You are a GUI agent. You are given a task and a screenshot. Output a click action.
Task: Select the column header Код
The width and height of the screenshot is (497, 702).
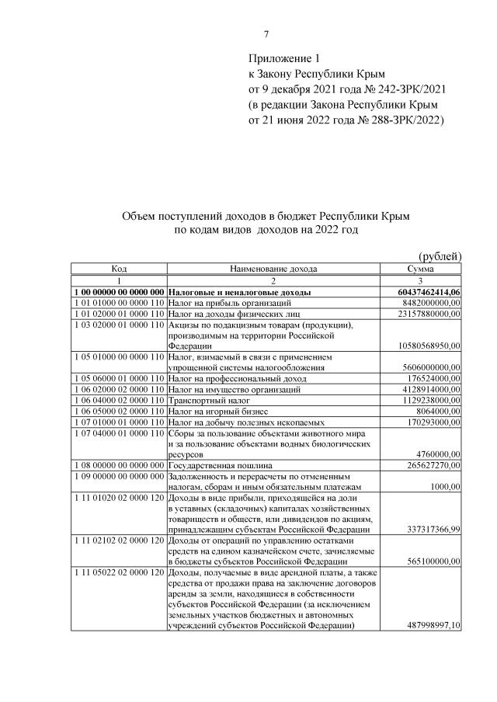coord(119,269)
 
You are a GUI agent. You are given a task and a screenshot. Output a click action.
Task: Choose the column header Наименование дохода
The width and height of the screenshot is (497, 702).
coord(273,269)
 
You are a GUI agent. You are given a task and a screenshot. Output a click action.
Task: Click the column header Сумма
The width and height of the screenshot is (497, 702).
coord(420,269)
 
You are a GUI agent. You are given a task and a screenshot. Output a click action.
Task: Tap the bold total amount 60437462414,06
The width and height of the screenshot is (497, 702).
coord(423,292)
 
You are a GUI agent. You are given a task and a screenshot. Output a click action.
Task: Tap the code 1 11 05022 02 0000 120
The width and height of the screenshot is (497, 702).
coord(119,572)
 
